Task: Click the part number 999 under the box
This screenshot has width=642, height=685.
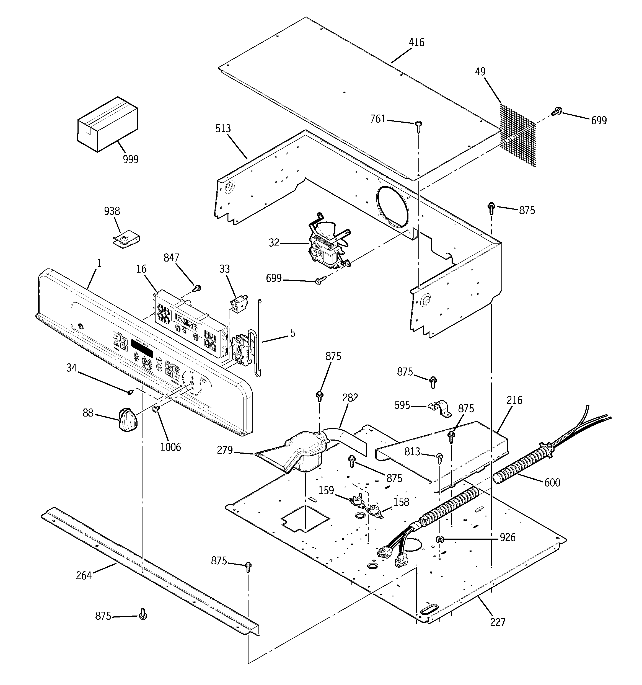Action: point(131,159)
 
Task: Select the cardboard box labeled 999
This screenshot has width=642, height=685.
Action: point(107,124)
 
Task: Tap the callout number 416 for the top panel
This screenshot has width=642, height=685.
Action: point(416,42)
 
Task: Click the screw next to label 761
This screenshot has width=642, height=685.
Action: point(419,126)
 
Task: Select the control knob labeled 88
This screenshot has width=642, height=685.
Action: point(128,419)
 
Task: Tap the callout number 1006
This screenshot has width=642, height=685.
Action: point(170,447)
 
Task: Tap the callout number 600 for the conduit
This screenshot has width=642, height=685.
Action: point(552,483)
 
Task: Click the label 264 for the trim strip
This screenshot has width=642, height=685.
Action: point(84,575)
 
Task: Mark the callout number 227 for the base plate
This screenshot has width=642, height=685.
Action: point(498,622)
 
